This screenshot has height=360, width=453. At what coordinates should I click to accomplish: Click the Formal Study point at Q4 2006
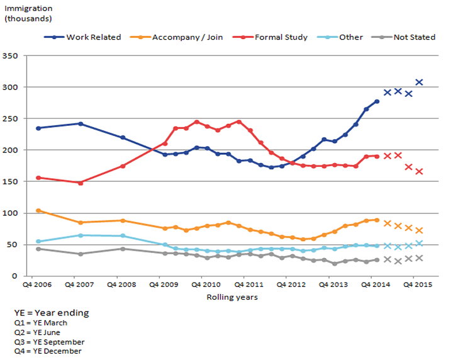click(38, 177)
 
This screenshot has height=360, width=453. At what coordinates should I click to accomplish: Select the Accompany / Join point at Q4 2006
click(38, 210)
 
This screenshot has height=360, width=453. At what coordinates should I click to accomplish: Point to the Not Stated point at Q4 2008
click(123, 249)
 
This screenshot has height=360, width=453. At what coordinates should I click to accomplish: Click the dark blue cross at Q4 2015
click(419, 82)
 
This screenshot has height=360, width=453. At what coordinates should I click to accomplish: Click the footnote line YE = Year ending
click(52, 313)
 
